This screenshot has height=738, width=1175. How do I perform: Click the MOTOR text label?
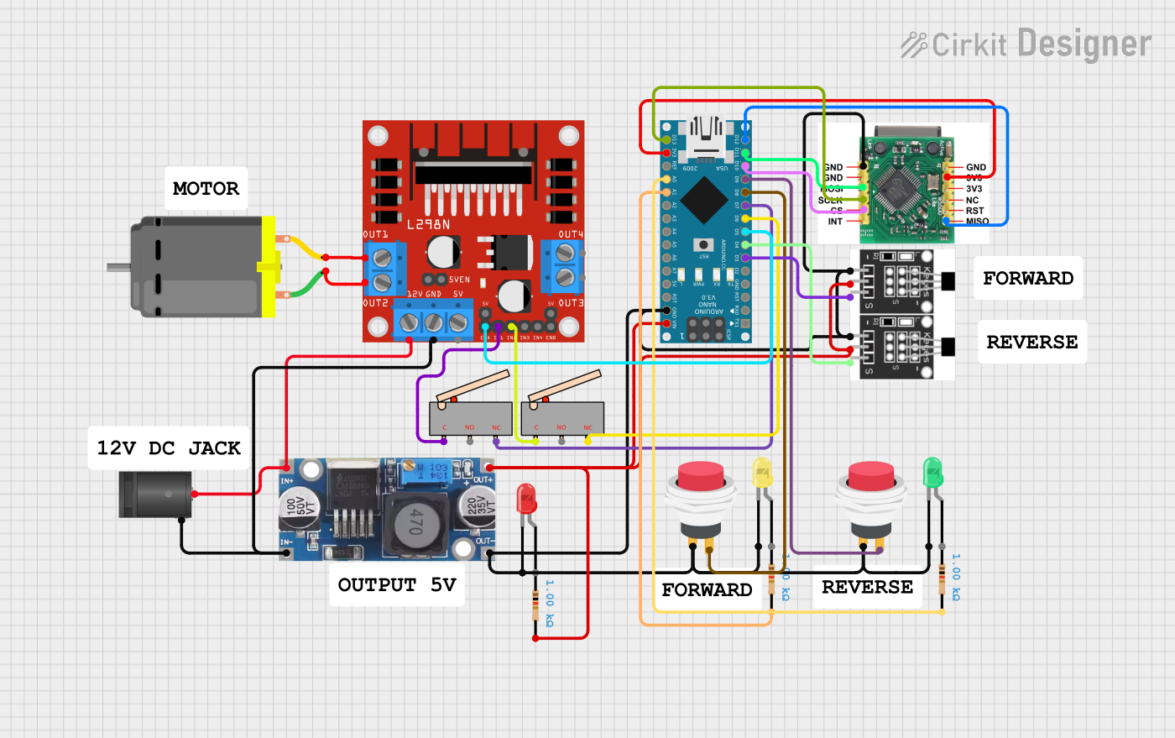click(206, 189)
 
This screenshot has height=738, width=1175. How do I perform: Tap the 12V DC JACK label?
click(169, 448)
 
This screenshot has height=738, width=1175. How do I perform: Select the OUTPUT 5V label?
click(396, 585)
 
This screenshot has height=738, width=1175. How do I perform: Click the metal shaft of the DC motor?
click(117, 268)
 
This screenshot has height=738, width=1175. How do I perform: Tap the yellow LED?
click(762, 474)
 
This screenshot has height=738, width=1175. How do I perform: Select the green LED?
click(932, 473)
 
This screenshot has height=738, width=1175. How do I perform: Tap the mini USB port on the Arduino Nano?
click(705, 139)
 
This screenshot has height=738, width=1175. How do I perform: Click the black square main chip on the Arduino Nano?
click(703, 201)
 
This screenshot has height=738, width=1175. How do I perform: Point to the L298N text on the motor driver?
click(428, 225)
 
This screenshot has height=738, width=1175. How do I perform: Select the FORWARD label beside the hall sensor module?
click(1027, 279)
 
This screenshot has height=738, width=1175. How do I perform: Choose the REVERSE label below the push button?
click(867, 588)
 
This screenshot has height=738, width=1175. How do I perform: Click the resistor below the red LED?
click(535, 605)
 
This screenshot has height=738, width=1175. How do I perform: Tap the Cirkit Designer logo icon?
click(914, 44)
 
